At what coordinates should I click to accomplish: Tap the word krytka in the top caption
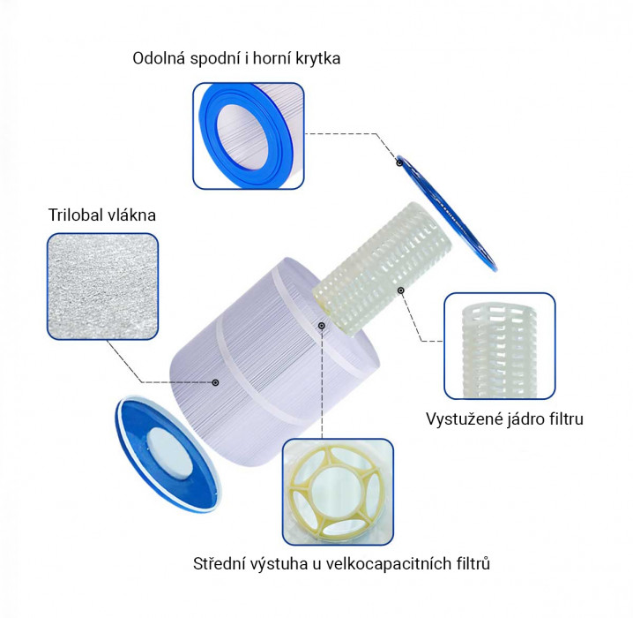click(x=318, y=58)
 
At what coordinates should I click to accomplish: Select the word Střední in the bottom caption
click(x=220, y=563)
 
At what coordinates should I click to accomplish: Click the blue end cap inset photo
click(x=249, y=136)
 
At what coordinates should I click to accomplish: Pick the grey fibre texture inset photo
click(x=102, y=286)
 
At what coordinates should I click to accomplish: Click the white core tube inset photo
click(x=500, y=346)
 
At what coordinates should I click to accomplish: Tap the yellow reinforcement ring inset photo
click(x=338, y=492)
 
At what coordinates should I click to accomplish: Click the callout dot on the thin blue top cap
click(x=399, y=162)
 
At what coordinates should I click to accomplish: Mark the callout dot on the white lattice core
click(x=401, y=290)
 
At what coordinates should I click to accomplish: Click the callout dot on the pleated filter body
click(x=216, y=382)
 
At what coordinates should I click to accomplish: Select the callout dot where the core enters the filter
click(x=322, y=326)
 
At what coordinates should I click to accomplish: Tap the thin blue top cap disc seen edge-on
click(x=446, y=212)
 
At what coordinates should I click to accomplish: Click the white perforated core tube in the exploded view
click(x=382, y=268)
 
